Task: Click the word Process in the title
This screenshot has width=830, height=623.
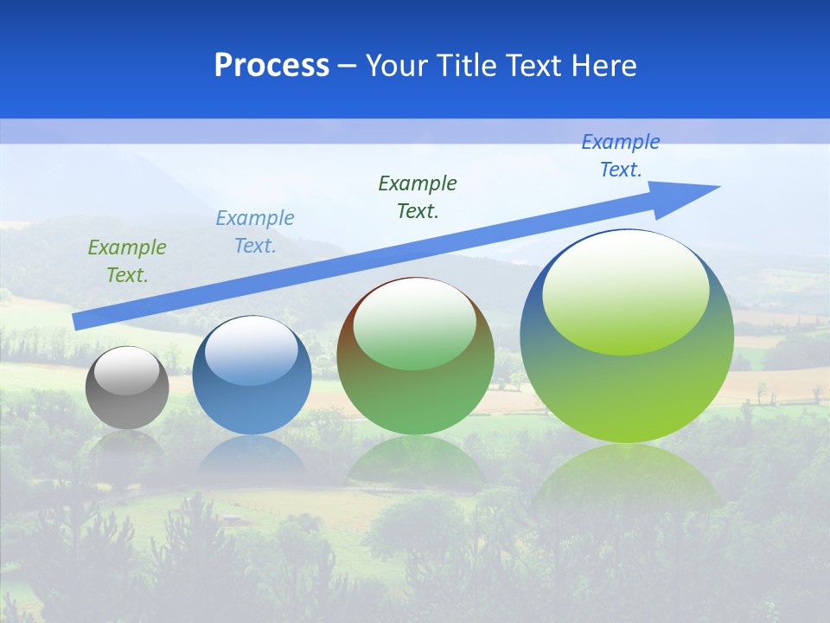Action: (271, 66)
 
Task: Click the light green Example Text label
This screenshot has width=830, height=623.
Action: (127, 261)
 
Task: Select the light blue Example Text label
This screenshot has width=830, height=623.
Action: (255, 232)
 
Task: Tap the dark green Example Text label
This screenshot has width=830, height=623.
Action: (418, 196)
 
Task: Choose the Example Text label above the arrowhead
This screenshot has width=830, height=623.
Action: (621, 156)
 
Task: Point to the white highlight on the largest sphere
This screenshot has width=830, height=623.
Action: (626, 292)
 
